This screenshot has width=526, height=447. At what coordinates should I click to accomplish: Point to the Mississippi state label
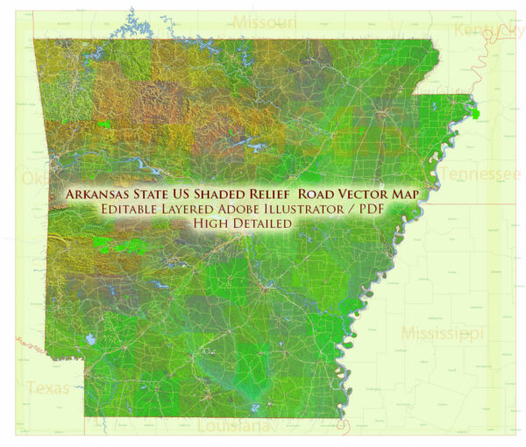[442, 333]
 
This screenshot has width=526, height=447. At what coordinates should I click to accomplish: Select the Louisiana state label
[232, 427]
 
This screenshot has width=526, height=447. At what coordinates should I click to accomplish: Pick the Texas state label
[47, 387]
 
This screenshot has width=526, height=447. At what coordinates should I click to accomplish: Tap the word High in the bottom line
[212, 223]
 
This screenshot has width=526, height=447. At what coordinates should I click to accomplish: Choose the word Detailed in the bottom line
[262, 223]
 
